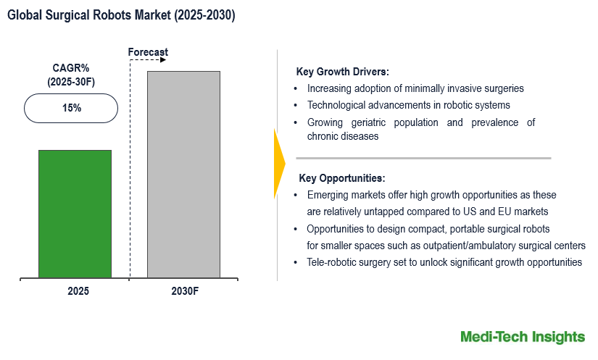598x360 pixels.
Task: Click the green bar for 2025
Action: pos(75,214)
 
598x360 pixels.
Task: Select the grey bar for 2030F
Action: pos(183,174)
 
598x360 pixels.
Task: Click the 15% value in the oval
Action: pos(70,108)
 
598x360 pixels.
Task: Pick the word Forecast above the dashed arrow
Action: pos(148,52)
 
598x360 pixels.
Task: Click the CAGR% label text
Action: pos(70,69)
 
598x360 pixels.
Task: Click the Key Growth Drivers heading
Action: pos(342,72)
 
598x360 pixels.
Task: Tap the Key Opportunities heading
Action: pos(341,178)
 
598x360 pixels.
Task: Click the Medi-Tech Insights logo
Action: pos(523,337)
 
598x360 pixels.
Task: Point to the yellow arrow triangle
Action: pos(279,164)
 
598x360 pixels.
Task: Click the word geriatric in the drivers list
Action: pos(370,122)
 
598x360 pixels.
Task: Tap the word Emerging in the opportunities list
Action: pos(329,196)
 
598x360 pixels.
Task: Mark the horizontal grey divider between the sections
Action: pos(423,158)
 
